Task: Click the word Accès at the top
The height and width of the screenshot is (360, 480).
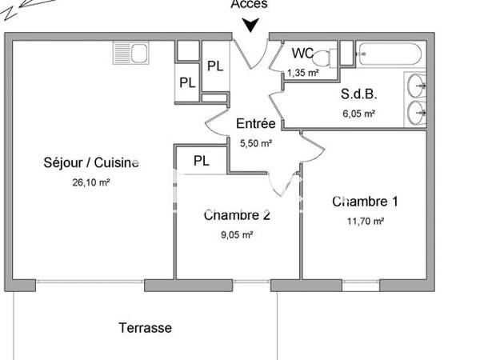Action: coord(249,4)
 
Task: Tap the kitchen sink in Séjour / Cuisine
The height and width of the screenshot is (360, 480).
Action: coord(130,54)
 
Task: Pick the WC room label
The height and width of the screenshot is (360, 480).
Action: coord(302,54)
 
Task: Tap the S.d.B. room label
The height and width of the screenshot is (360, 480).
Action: coord(358,94)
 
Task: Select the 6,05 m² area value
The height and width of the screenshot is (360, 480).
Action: coord(358,114)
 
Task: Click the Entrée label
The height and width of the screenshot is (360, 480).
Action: coord(256,124)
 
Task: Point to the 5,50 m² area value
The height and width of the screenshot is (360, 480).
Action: coord(256,143)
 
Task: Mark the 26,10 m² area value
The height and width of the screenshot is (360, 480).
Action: coord(90,182)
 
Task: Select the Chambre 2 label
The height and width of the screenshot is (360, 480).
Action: coord(237,214)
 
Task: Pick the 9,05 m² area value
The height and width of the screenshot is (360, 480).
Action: coord(237,234)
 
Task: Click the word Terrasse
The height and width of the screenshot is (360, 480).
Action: coord(145,328)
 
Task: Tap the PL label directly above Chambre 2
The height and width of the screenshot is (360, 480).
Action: coord(201,161)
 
